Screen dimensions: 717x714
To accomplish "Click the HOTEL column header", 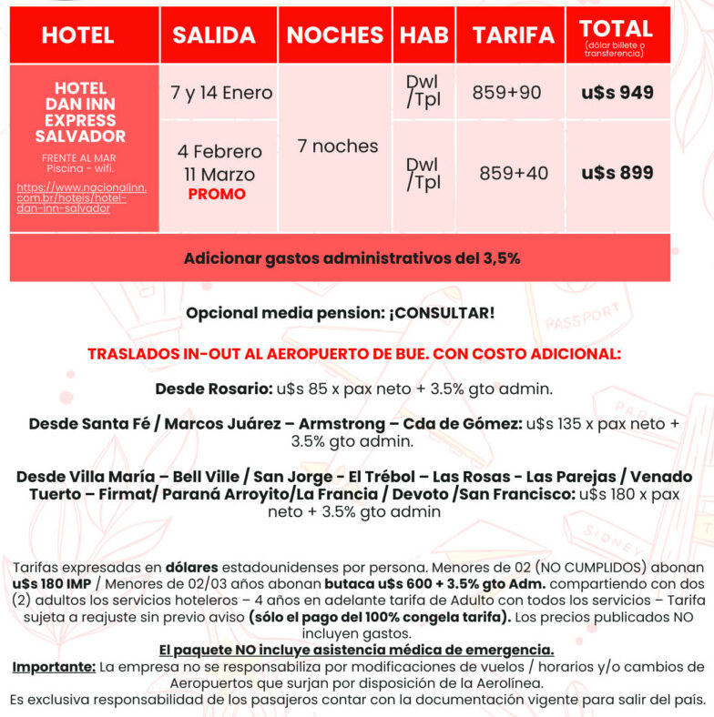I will pyautogui.click(x=77, y=35).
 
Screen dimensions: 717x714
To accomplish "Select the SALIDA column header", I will pyautogui.click(x=214, y=35).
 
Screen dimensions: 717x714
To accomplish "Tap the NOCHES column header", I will pyautogui.click(x=334, y=35).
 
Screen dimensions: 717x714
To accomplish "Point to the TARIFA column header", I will pyautogui.click(x=513, y=35).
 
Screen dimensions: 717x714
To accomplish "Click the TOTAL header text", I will pyautogui.click(x=616, y=29).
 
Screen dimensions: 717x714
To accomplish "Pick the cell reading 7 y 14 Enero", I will pyautogui.click(x=221, y=93).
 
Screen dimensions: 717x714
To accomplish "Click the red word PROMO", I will pyautogui.click(x=217, y=194).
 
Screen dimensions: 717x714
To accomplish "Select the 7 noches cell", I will pyautogui.click(x=338, y=146).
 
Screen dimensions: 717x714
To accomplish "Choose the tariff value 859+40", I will pyautogui.click(x=514, y=172).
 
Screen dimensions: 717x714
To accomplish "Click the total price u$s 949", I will pyautogui.click(x=617, y=93).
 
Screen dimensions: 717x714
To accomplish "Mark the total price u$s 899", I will pyautogui.click(x=617, y=172).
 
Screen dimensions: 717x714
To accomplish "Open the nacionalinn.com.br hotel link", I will pyautogui.click(x=81, y=197).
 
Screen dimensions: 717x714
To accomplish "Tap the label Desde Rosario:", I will pyautogui.click(x=214, y=389).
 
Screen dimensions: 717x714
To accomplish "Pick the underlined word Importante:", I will pyautogui.click(x=54, y=667).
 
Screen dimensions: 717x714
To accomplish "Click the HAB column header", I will pyautogui.click(x=424, y=35).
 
